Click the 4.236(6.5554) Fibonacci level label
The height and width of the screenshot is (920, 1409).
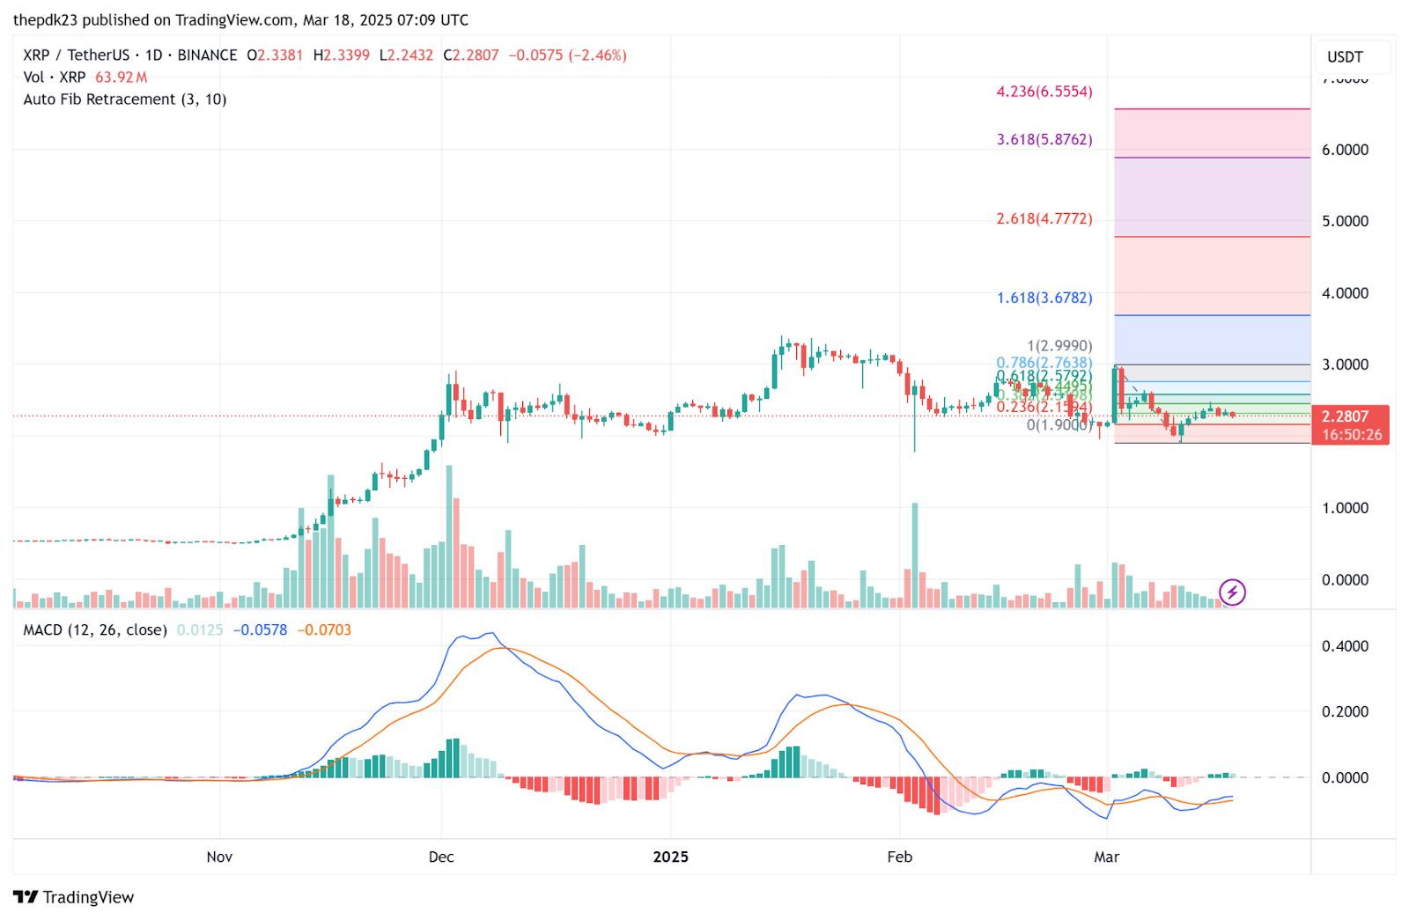(1044, 92)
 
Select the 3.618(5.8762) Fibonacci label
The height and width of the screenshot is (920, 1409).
(1044, 139)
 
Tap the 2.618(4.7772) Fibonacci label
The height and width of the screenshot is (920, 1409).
(1044, 218)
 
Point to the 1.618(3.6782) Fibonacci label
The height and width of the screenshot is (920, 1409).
(1044, 298)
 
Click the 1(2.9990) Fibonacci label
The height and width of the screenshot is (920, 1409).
(1059, 346)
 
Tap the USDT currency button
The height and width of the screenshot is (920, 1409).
(1345, 57)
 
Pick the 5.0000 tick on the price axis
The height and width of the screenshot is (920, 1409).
(1345, 221)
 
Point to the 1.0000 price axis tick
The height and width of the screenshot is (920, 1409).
(1345, 508)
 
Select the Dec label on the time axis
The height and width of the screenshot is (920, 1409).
(441, 857)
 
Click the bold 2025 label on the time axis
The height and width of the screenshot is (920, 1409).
(671, 857)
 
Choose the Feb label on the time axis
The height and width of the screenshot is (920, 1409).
(899, 857)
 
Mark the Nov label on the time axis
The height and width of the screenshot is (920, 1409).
(219, 857)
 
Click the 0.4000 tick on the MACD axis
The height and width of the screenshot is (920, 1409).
(1345, 646)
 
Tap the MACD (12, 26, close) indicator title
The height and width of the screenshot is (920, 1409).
(95, 629)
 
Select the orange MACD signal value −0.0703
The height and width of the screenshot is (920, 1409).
(324, 629)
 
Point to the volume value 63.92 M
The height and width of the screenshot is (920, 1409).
(121, 77)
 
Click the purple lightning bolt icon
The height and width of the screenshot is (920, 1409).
(1232, 592)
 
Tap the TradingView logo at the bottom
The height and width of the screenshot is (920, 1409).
(74, 897)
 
